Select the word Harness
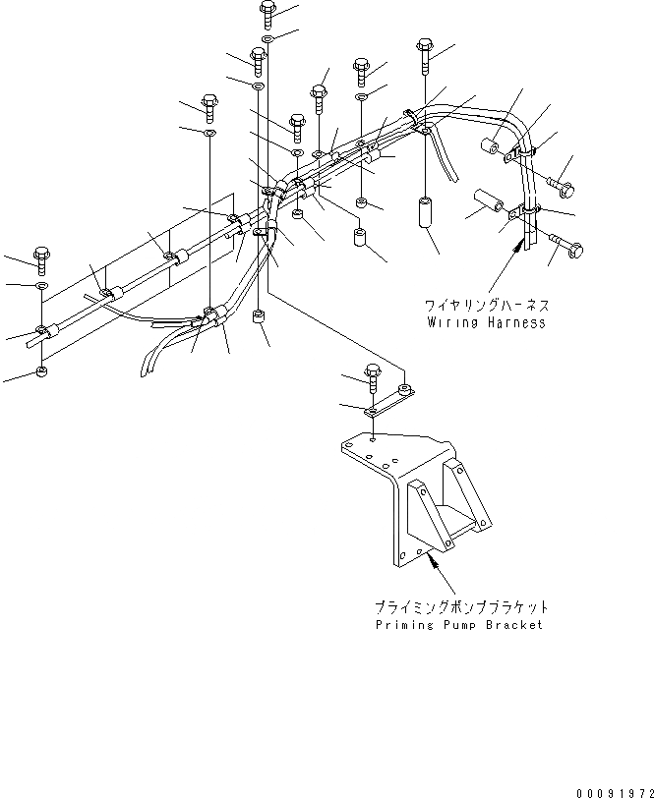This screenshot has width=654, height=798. click(x=514, y=321)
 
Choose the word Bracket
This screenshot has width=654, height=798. click(x=515, y=625)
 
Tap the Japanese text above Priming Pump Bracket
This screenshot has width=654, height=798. click(x=461, y=608)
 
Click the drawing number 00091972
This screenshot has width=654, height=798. click(x=612, y=789)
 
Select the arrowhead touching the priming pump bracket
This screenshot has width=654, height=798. click(x=429, y=557)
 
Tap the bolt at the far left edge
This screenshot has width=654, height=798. click(x=42, y=258)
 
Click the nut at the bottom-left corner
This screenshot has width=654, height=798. click(x=40, y=370)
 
